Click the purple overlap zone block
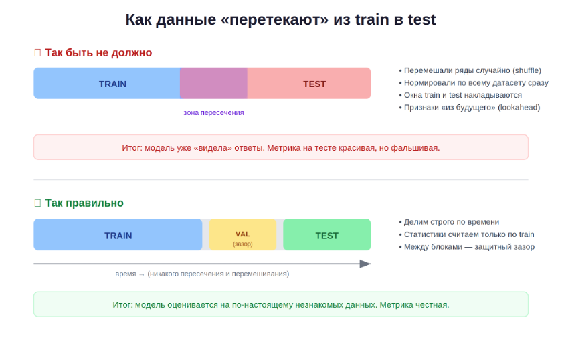click(213, 83)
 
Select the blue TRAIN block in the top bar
click(107, 83)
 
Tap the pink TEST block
click(309, 83)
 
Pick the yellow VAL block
click(243, 234)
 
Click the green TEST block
click(327, 234)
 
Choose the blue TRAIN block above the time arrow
click(118, 234)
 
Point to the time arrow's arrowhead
click(365, 264)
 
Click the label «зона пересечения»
click(213, 112)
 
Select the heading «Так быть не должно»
click(98, 53)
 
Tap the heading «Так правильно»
click(84, 203)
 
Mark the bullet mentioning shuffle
click(470, 70)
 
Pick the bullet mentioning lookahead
click(470, 108)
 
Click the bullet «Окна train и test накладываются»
click(460, 95)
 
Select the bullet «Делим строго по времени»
click(449, 222)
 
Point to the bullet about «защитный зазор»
click(467, 247)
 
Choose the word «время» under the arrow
click(126, 274)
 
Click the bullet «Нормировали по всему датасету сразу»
click(474, 83)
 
